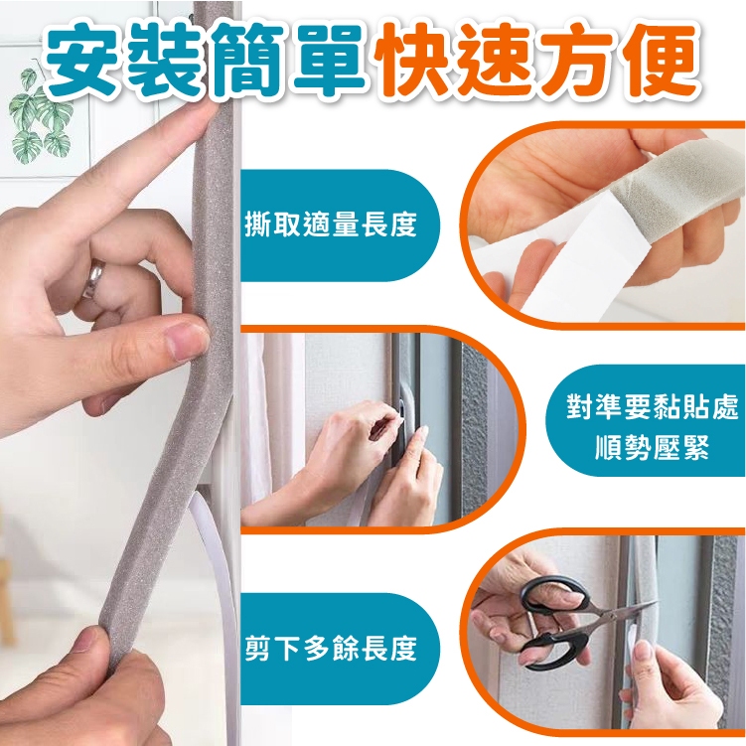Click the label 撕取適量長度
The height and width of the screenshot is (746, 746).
click(x=331, y=225)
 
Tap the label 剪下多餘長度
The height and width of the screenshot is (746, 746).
click(x=331, y=648)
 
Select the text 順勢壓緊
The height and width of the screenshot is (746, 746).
click(x=653, y=448)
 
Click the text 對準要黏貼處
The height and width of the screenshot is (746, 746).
click(x=653, y=407)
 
